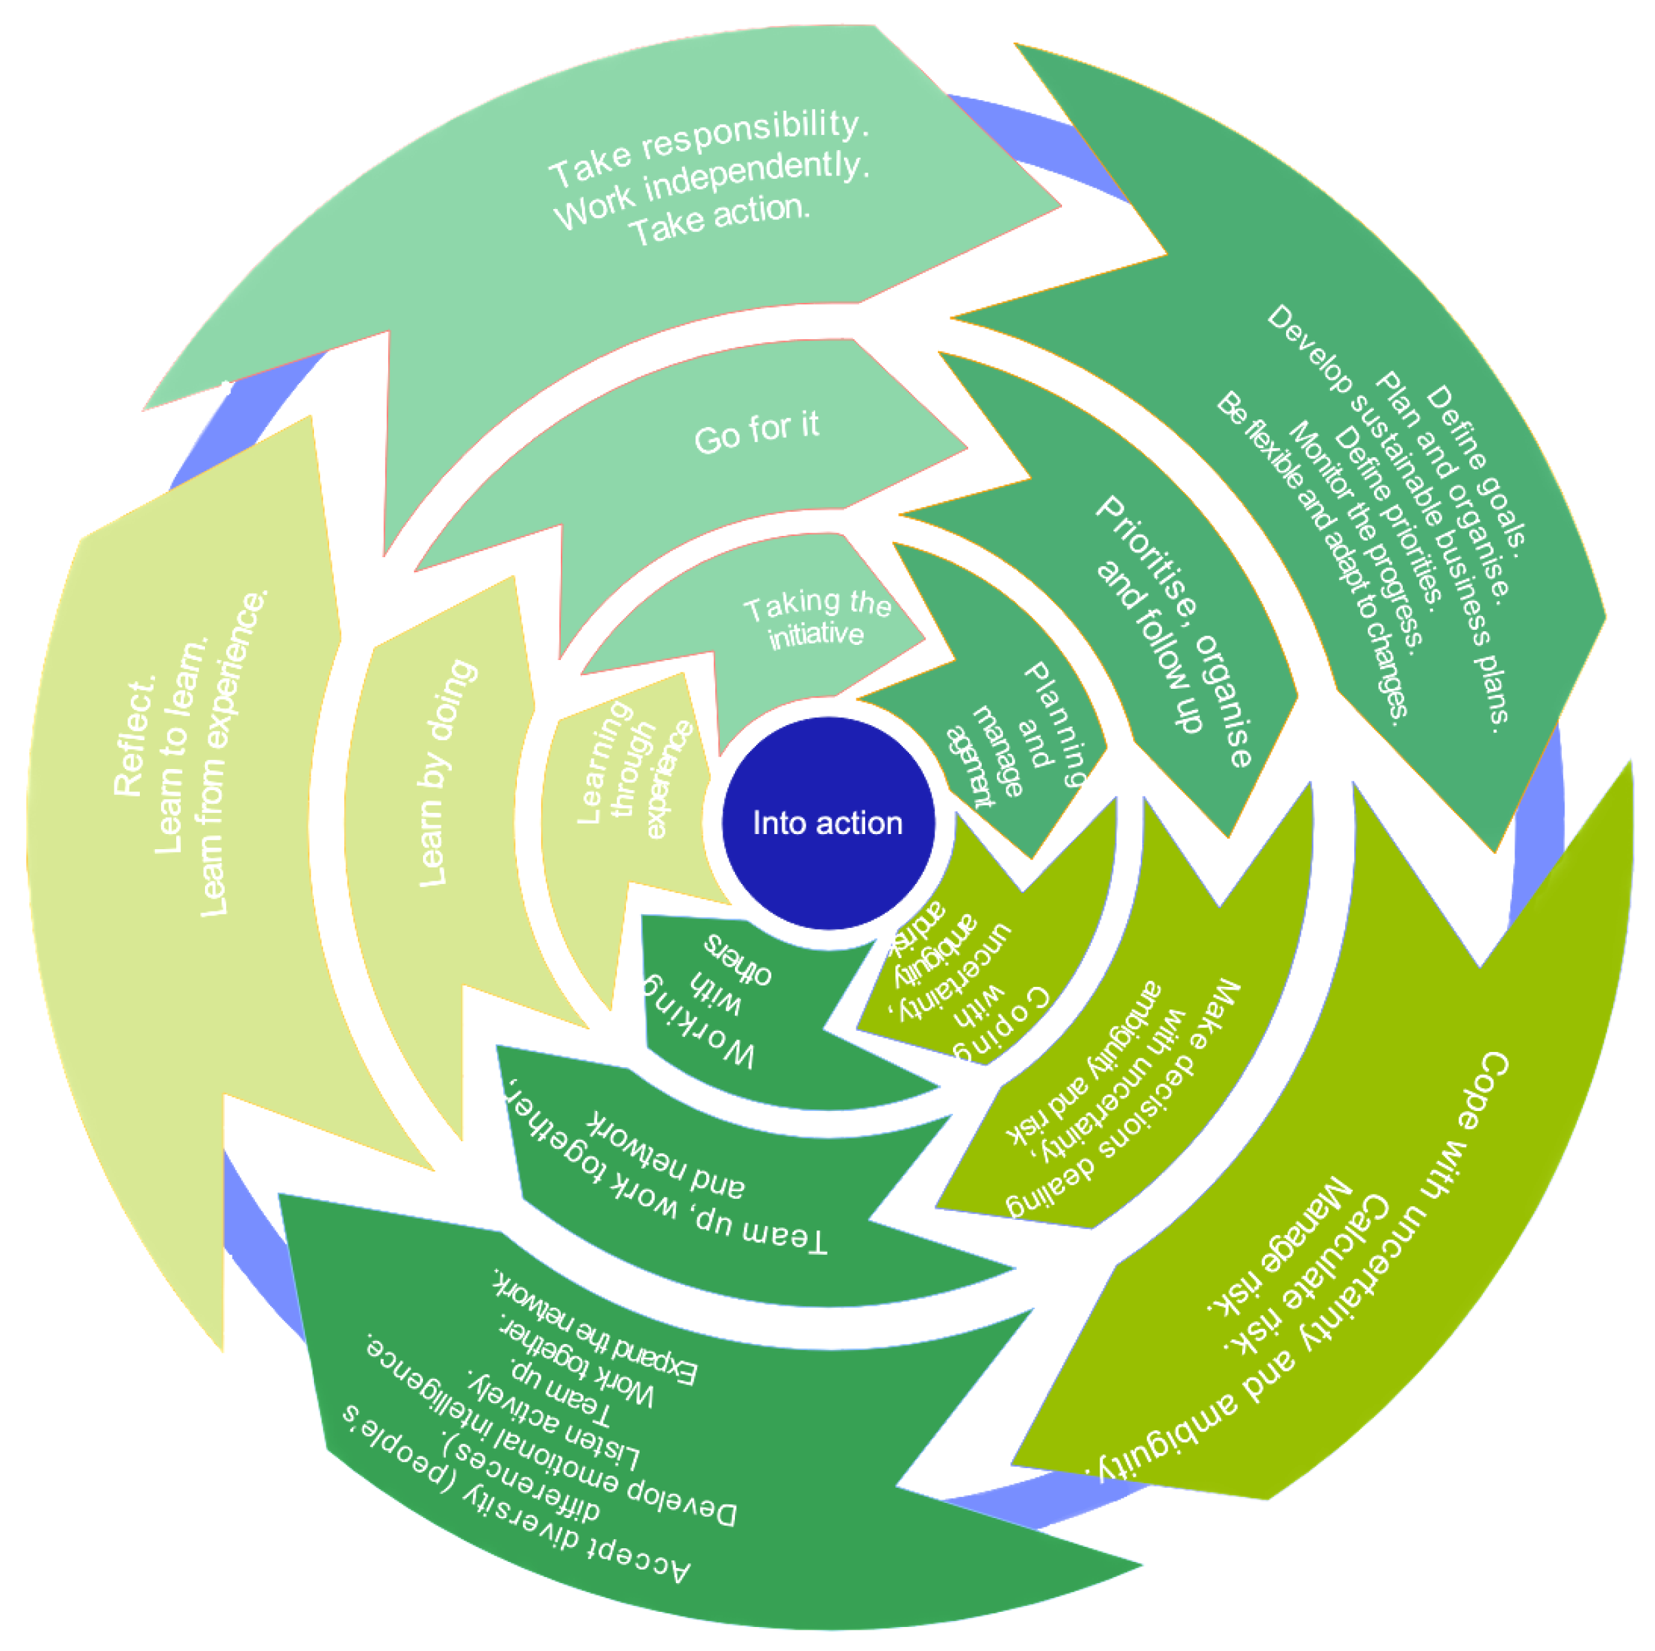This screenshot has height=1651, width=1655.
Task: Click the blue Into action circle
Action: [x=827, y=823]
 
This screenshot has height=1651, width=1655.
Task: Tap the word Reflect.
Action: [x=134, y=737]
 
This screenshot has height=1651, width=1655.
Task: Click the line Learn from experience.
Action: [x=231, y=754]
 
